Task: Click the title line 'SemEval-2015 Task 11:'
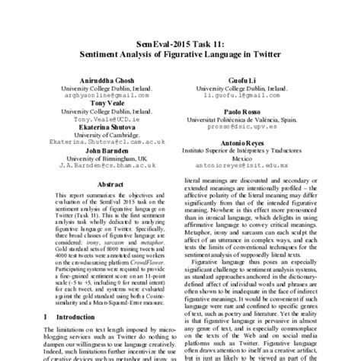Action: click(x=180, y=44)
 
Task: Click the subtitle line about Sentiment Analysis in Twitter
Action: click(x=180, y=55)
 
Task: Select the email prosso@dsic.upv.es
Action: click(x=252, y=128)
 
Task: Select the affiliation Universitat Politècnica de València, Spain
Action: click(x=252, y=120)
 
